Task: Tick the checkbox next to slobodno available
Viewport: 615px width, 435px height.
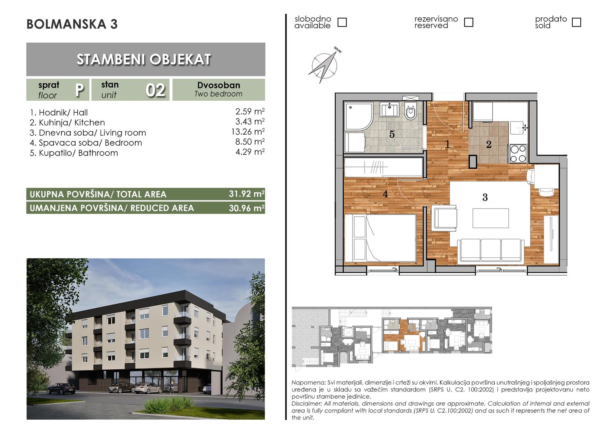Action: [342, 22]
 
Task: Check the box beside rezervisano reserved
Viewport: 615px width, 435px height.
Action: [468, 22]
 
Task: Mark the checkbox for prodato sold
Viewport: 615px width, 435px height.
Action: [576, 22]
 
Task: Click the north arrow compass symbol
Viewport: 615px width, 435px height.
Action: [324, 66]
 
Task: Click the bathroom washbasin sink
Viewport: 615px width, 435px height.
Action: [389, 109]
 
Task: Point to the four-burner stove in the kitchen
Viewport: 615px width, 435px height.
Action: [518, 153]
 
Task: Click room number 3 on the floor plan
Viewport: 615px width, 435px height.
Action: [485, 197]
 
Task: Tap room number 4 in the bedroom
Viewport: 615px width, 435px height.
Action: [385, 194]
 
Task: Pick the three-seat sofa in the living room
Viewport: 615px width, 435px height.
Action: [491, 250]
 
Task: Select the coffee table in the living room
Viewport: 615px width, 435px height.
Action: [491, 218]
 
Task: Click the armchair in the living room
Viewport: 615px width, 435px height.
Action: [444, 219]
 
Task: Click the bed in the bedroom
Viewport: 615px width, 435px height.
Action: [380, 238]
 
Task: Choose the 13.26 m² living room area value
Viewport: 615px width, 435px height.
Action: [248, 132]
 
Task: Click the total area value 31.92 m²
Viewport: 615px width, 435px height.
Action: [247, 194]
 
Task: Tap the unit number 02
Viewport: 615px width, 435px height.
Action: [155, 90]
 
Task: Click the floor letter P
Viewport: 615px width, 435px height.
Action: [79, 90]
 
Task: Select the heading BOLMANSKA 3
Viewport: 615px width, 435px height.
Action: [72, 24]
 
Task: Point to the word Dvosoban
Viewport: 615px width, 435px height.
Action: [219, 85]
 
